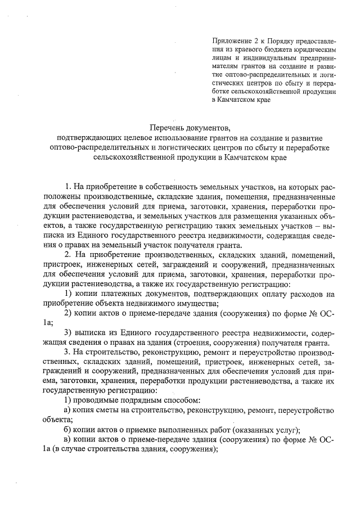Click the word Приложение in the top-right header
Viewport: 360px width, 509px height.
pyautogui.click(x=230, y=41)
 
